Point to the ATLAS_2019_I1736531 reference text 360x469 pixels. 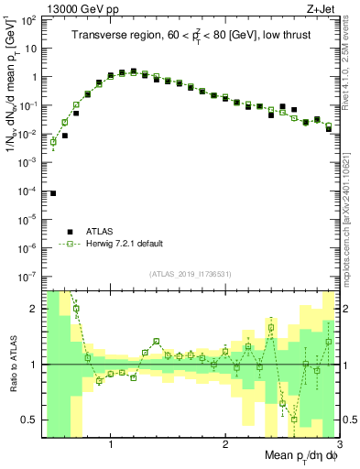click(x=190, y=275)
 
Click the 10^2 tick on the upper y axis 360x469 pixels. click(x=30, y=20)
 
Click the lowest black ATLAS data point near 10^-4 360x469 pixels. click(x=53, y=193)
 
